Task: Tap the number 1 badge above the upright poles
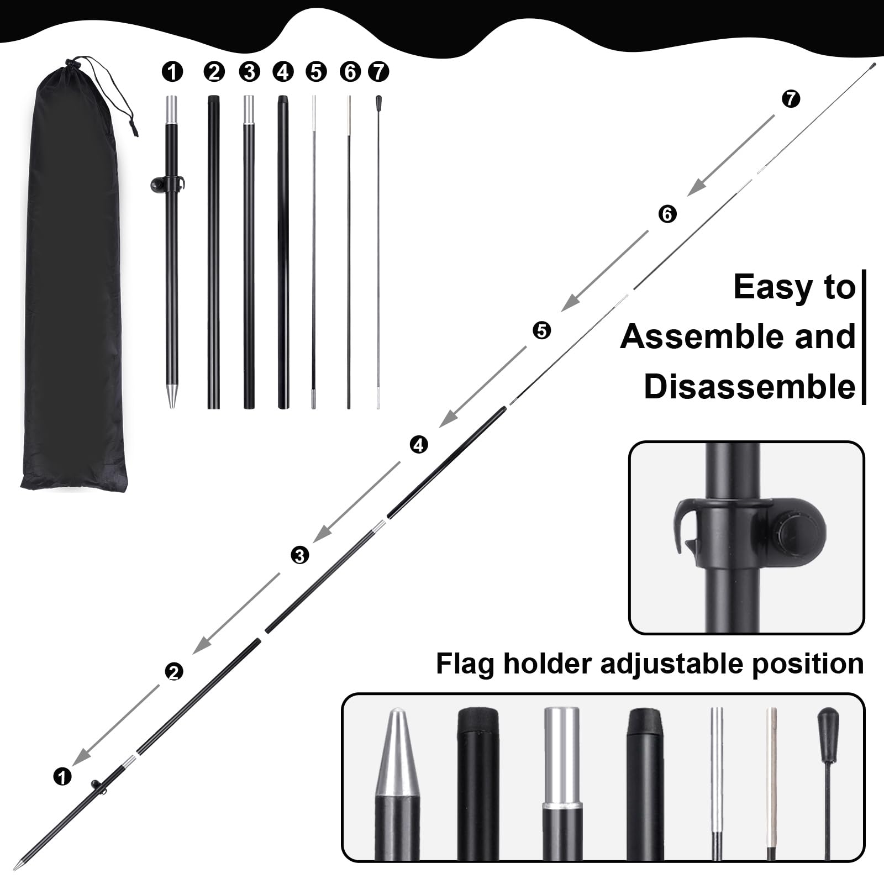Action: [x=172, y=72]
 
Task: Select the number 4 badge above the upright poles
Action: [x=283, y=72]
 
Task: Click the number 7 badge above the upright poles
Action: [x=378, y=72]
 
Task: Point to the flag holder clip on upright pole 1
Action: [x=167, y=184]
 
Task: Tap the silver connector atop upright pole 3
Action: [x=249, y=110]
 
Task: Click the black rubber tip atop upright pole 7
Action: [x=378, y=103]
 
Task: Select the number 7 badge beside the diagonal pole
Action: [x=791, y=99]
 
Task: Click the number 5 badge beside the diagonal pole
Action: [x=542, y=330]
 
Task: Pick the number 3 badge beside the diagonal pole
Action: [x=299, y=555]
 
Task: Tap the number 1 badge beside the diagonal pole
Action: [x=62, y=776]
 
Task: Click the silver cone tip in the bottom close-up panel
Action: [x=397, y=753]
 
